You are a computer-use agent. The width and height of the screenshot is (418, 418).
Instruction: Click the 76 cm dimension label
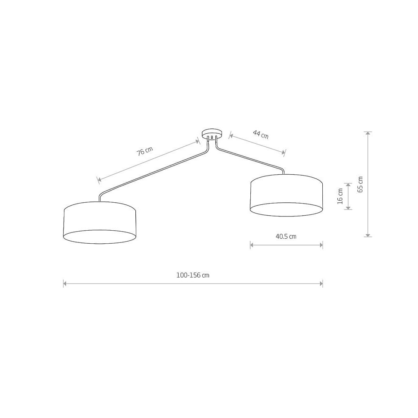(x=145, y=151)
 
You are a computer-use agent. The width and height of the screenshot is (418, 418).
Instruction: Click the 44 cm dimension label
(x=261, y=134)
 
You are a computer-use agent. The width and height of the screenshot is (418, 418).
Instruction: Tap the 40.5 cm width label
(x=286, y=237)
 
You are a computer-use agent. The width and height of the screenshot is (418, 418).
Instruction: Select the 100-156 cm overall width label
(x=193, y=275)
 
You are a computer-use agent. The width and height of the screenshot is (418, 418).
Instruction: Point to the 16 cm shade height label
(x=340, y=196)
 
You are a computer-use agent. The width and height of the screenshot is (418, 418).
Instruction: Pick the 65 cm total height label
(x=360, y=184)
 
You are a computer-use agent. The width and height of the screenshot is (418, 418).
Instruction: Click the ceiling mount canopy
(x=212, y=134)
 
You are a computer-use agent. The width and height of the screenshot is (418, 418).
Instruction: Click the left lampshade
(x=100, y=222)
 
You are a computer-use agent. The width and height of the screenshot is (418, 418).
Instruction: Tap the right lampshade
(x=286, y=195)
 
